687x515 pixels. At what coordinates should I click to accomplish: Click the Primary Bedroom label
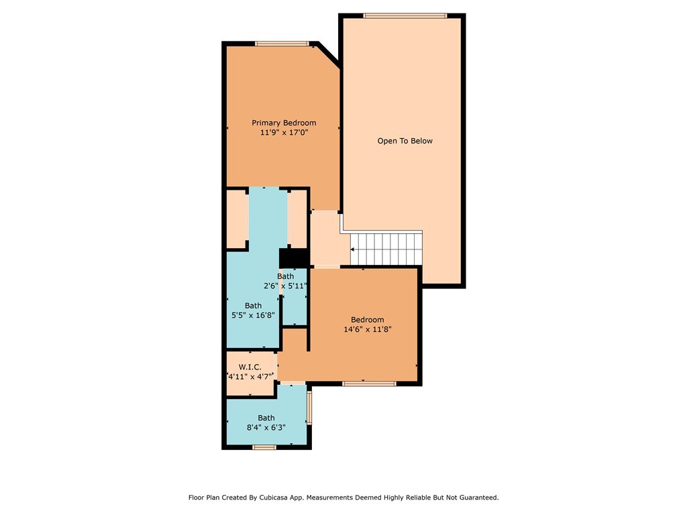click(x=284, y=123)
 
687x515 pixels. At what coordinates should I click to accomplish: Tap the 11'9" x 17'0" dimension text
click(x=284, y=133)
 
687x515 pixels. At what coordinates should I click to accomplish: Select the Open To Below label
click(x=405, y=141)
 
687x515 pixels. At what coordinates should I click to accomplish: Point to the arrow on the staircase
click(x=354, y=249)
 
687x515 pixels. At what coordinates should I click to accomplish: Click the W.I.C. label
click(x=250, y=367)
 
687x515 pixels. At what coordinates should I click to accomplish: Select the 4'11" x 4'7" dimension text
click(x=250, y=376)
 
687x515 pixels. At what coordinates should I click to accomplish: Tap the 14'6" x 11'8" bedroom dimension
click(x=367, y=329)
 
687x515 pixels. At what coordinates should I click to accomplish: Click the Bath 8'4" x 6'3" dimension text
click(x=266, y=427)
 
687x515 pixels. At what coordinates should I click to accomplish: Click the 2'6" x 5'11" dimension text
click(x=285, y=286)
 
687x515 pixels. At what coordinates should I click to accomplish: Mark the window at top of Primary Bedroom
click(x=282, y=44)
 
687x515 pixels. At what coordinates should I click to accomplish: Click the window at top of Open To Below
click(x=405, y=15)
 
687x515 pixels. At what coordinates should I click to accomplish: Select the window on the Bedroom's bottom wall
click(x=369, y=384)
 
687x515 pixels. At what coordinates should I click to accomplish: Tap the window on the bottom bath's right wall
click(x=309, y=408)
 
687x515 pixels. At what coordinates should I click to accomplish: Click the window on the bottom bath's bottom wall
click(x=264, y=447)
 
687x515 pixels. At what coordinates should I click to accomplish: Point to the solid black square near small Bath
click(x=293, y=257)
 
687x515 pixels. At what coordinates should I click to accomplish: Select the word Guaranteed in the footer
click(x=478, y=498)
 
